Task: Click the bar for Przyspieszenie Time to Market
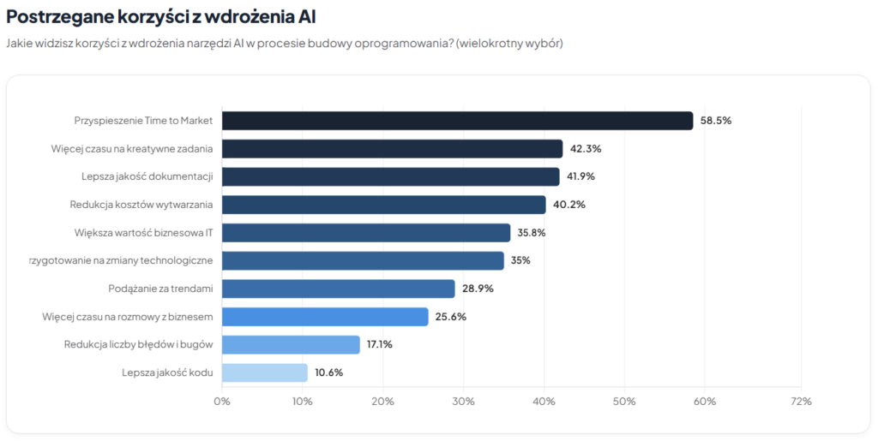[x=457, y=121]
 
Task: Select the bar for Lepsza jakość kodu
[x=264, y=372]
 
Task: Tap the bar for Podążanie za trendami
[x=338, y=289]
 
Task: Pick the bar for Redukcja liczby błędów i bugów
[x=291, y=344]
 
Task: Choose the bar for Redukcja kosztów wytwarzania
[x=383, y=205]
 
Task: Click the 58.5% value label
[x=715, y=121]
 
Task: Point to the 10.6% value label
[x=329, y=372]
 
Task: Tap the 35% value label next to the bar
[x=520, y=260]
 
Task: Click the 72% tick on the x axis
[x=800, y=401]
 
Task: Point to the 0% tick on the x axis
[x=222, y=401]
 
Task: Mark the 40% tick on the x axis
[x=544, y=401]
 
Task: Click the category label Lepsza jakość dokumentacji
[x=141, y=176]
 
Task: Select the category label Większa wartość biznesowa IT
[x=143, y=232]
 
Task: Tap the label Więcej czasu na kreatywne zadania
[x=132, y=149]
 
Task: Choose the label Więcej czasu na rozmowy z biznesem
[x=127, y=317]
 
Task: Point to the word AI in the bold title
[x=314, y=16]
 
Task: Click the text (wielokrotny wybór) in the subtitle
[x=510, y=43]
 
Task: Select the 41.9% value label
[x=580, y=176]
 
